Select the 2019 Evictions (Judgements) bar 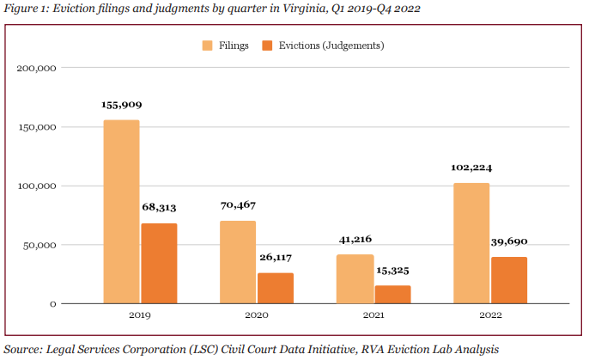(159, 263)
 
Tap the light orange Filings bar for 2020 (237, 262)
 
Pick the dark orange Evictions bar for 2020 (275, 288)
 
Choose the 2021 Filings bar (355, 279)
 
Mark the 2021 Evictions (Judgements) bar (392, 294)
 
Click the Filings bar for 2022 (471, 243)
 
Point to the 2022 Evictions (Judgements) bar (509, 280)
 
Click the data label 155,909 (121, 105)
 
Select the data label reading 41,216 (355, 239)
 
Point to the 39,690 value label (509, 241)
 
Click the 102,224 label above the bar (471, 168)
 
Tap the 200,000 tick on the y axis (36, 69)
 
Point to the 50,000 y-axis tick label (39, 245)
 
